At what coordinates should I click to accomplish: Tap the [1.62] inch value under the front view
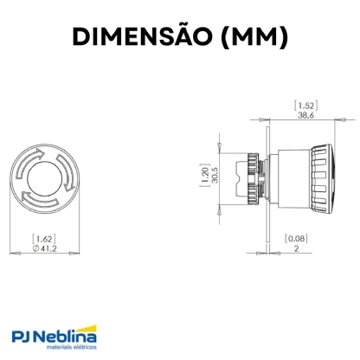pos(45,237)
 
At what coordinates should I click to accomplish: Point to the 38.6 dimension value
pos(305,114)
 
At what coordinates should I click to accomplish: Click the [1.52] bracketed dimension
pos(305,104)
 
